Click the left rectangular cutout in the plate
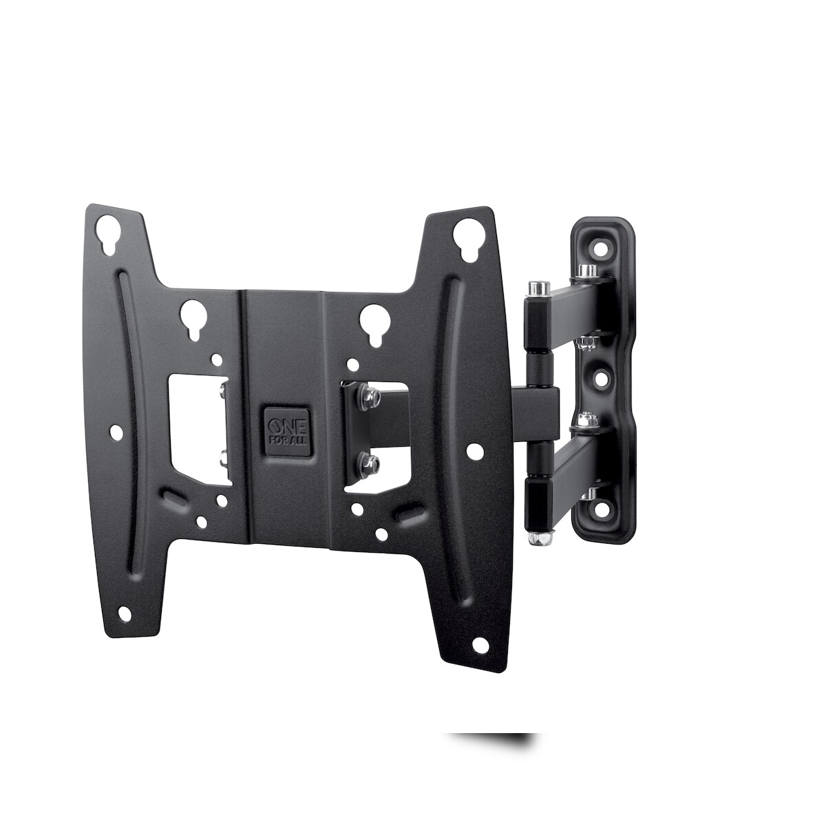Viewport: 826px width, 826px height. (x=198, y=423)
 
